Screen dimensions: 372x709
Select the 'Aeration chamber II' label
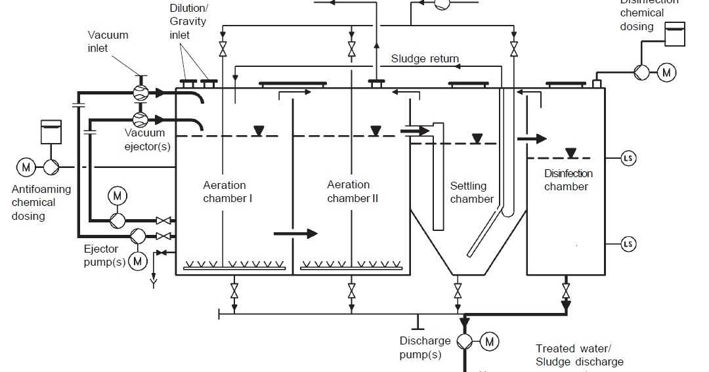coord(353,192)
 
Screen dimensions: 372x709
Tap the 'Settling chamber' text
coord(471,192)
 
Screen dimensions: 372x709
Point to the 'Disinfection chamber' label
coord(568,180)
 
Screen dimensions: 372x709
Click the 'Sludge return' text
coord(425,58)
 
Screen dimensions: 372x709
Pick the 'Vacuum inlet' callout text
coord(108,41)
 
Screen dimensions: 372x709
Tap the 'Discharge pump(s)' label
coord(425,348)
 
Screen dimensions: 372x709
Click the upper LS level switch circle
coord(628,158)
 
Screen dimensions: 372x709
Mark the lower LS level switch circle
coord(628,244)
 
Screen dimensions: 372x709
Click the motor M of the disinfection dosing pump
coord(667,72)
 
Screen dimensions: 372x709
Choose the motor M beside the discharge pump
coord(490,341)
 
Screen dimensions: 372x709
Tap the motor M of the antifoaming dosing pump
coord(26,167)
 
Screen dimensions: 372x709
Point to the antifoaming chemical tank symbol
coord(51,132)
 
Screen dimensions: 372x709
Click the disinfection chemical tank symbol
coord(674,34)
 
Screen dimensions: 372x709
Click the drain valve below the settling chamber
coord(458,289)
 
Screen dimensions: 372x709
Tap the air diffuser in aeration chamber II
coord(351,266)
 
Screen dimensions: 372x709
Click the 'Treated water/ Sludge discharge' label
coord(579,355)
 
